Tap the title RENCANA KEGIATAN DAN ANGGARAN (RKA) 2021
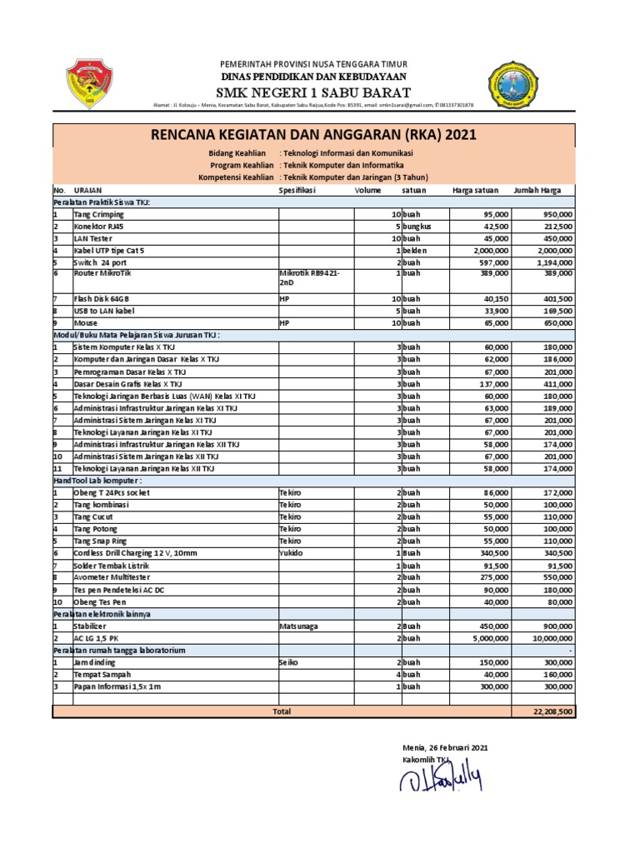coord(313,136)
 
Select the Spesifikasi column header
coord(297,190)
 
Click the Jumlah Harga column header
coord(537,190)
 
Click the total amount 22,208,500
coord(552,711)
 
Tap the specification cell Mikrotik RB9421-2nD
coord(309,278)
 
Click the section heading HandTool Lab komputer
coord(97,481)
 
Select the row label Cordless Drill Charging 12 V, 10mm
coord(136,552)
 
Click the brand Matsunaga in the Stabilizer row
coord(301,626)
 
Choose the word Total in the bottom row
coord(282,711)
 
